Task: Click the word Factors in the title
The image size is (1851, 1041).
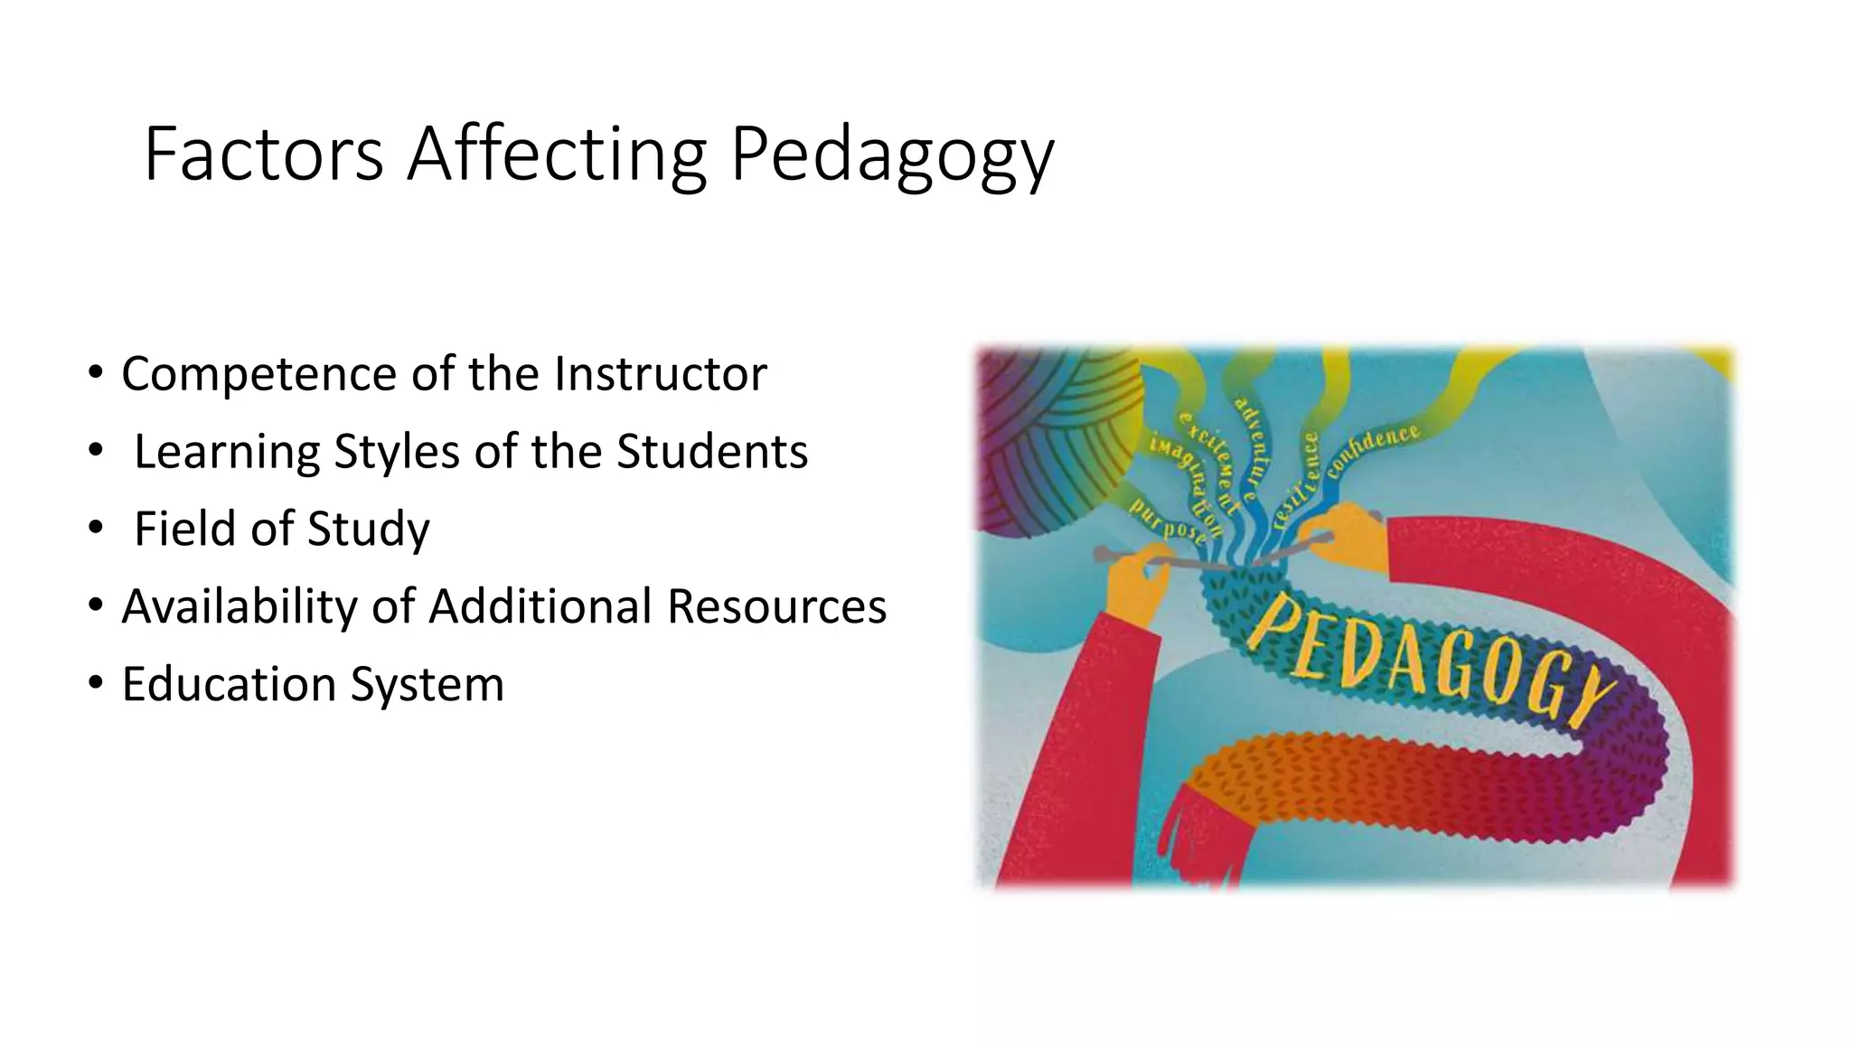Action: [263, 155]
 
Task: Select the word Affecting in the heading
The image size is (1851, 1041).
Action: [555, 155]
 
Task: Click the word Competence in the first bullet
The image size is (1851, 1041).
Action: [258, 375]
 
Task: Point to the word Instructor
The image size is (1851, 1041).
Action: [660, 373]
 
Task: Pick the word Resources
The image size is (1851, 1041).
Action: [776, 606]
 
